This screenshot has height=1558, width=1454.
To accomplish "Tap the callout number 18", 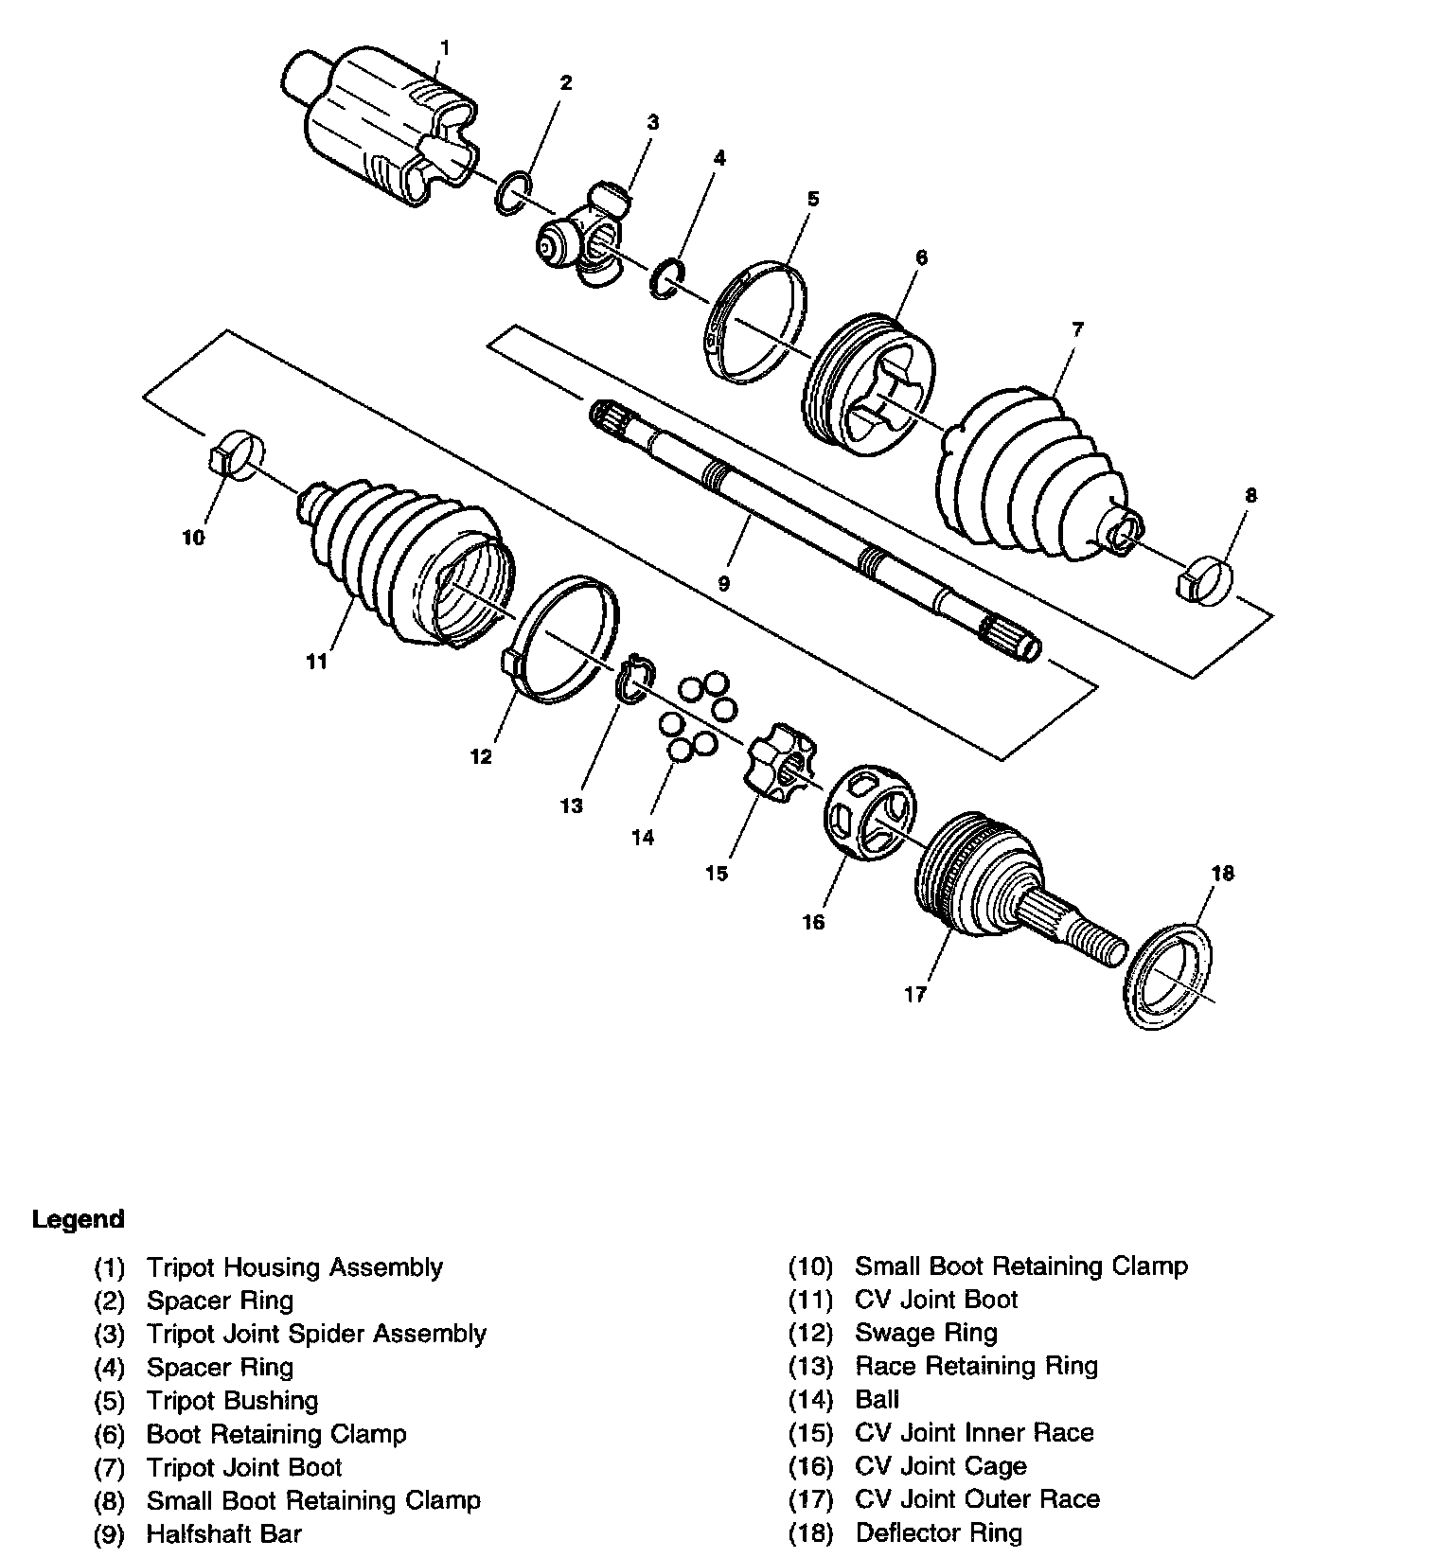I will pos(1223,873).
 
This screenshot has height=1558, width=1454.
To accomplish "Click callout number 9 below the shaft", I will pos(724,584).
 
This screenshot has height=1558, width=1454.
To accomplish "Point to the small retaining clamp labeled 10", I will pos(236,453).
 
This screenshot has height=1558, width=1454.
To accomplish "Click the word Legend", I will pos(78,1219).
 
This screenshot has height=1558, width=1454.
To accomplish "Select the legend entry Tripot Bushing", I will pos(232,1401).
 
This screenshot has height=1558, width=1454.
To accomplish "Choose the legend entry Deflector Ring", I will pos(938,1532).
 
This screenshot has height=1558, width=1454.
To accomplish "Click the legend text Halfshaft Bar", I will pos(223,1533).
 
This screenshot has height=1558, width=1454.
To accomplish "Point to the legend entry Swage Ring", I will pos(926,1333).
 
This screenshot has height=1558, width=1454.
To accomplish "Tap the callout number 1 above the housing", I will pos(446,47).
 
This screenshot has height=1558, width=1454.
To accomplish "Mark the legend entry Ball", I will pos(877,1399).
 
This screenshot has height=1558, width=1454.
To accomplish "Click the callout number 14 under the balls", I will pos(643,838).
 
